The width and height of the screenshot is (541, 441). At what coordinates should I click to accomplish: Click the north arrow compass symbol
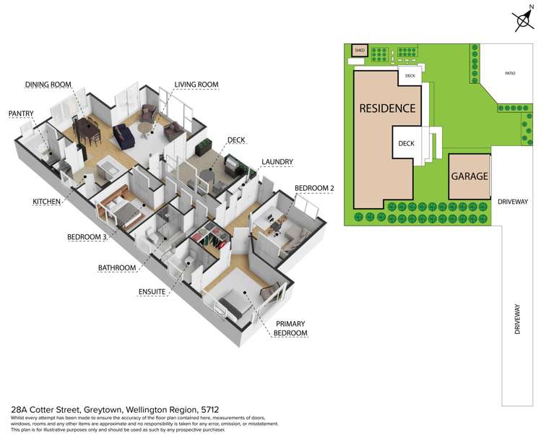(x=524, y=20)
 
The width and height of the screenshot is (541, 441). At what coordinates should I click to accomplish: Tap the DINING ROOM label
(x=48, y=85)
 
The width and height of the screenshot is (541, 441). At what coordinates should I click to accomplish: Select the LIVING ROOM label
(x=196, y=85)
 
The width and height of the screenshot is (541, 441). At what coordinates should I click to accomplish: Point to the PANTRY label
(x=21, y=114)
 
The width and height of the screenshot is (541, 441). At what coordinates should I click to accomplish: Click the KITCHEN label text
(x=46, y=202)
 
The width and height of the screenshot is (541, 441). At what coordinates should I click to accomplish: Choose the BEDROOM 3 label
(x=87, y=237)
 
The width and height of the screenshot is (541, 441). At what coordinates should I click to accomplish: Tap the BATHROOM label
(x=117, y=268)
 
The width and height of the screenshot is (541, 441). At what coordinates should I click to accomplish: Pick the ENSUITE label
(x=152, y=292)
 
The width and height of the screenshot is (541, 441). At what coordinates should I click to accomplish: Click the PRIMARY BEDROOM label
(x=290, y=328)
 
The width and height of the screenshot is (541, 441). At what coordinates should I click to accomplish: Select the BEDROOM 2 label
(x=314, y=188)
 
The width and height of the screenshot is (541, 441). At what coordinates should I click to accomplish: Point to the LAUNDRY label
(x=277, y=162)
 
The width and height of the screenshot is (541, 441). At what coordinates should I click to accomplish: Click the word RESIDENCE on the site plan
(x=387, y=108)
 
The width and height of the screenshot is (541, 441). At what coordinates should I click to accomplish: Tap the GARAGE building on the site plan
(x=470, y=176)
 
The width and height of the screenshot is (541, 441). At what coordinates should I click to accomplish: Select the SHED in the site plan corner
(x=360, y=51)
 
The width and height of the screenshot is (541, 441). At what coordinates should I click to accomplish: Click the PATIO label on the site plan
(x=510, y=74)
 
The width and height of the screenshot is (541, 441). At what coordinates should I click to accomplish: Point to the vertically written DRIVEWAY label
(x=517, y=319)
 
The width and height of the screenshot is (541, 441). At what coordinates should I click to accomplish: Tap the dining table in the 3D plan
(x=88, y=129)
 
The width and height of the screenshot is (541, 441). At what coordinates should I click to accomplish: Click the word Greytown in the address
(x=103, y=410)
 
